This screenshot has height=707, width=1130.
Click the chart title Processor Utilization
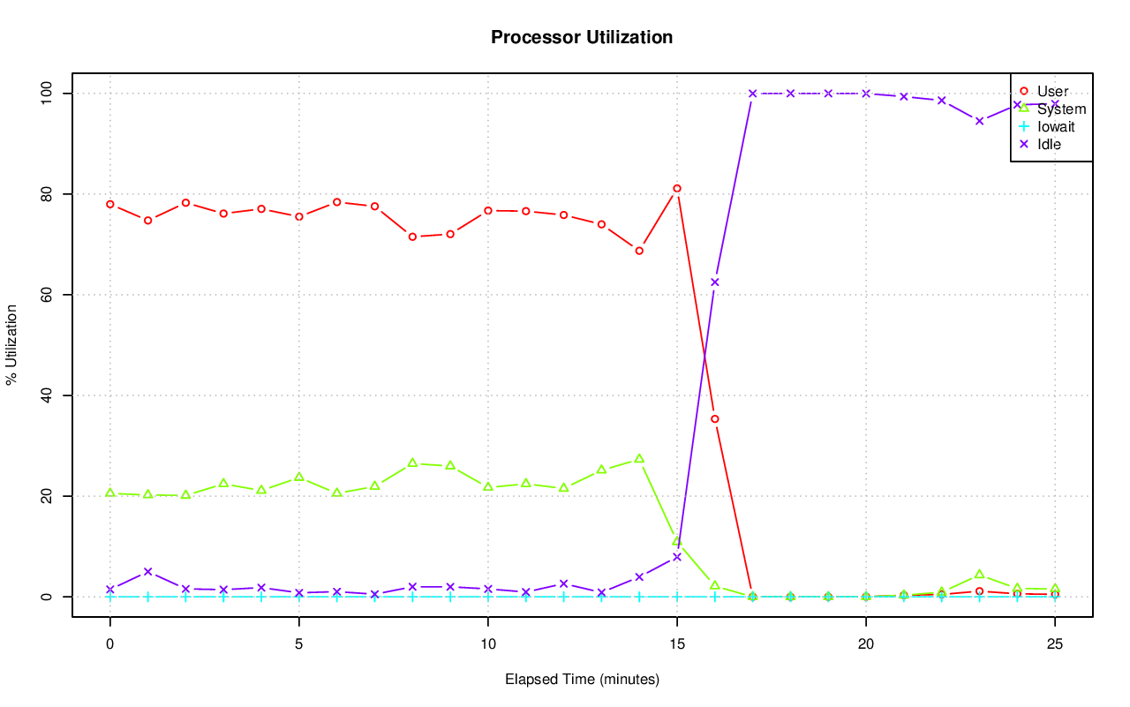tap(582, 38)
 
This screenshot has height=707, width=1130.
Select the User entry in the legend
tap(1052, 91)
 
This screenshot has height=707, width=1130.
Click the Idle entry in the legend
tap(1049, 144)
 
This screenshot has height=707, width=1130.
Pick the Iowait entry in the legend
tap(1055, 126)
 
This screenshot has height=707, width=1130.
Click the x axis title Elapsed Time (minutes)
tap(582, 680)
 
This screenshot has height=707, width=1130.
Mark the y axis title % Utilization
tap(11, 345)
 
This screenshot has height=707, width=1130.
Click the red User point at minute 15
tap(677, 188)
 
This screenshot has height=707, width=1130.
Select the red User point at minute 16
tap(715, 419)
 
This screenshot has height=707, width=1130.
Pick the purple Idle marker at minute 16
tap(715, 282)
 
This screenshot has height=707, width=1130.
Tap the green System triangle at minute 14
tap(639, 459)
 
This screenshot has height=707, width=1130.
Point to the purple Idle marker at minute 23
tap(979, 121)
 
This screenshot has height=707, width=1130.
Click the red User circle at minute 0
tap(110, 204)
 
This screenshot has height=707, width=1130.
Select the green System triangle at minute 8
tap(412, 463)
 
